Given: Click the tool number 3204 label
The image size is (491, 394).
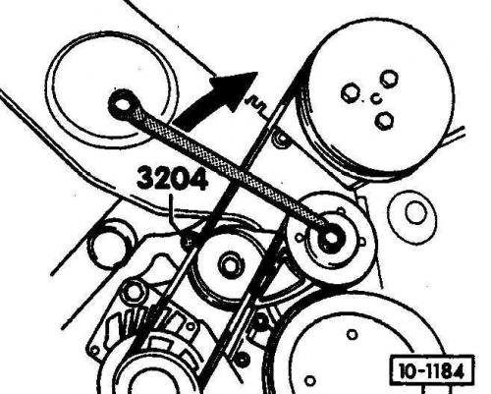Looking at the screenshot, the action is (x=173, y=178).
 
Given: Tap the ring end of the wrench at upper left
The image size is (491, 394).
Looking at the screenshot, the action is (x=124, y=104).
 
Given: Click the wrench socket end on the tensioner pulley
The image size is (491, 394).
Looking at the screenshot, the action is (x=331, y=238).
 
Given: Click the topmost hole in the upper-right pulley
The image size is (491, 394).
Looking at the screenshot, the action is (x=389, y=79).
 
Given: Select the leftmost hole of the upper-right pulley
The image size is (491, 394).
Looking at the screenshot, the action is (x=350, y=93).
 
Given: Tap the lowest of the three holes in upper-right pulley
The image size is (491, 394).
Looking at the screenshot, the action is (x=383, y=120).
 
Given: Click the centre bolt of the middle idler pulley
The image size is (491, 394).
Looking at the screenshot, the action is (x=231, y=265).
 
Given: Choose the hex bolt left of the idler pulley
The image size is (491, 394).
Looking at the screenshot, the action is (x=133, y=291).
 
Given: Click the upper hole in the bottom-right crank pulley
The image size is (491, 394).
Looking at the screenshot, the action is (x=352, y=335).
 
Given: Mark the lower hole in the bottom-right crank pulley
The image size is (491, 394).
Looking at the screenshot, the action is (x=310, y=381).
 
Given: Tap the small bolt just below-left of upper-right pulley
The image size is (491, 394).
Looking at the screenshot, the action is (x=281, y=139).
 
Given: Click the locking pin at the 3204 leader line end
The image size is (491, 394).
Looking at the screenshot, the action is (x=189, y=242).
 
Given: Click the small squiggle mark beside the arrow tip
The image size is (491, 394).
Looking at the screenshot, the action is (x=257, y=105).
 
